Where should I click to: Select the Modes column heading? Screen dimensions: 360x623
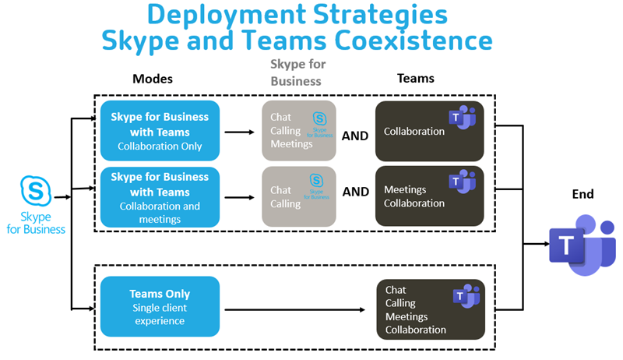click(153, 79)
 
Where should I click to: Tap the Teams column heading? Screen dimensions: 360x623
click(415, 79)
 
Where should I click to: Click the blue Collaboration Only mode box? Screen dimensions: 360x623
click(160, 131)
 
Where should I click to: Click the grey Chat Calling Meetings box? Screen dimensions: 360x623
click(298, 131)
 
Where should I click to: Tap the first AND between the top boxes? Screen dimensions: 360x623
click(355, 135)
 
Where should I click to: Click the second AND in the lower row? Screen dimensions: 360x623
click(355, 192)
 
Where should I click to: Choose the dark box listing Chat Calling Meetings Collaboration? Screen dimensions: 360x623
click(428, 309)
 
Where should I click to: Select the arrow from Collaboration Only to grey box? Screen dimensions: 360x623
click(240, 132)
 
